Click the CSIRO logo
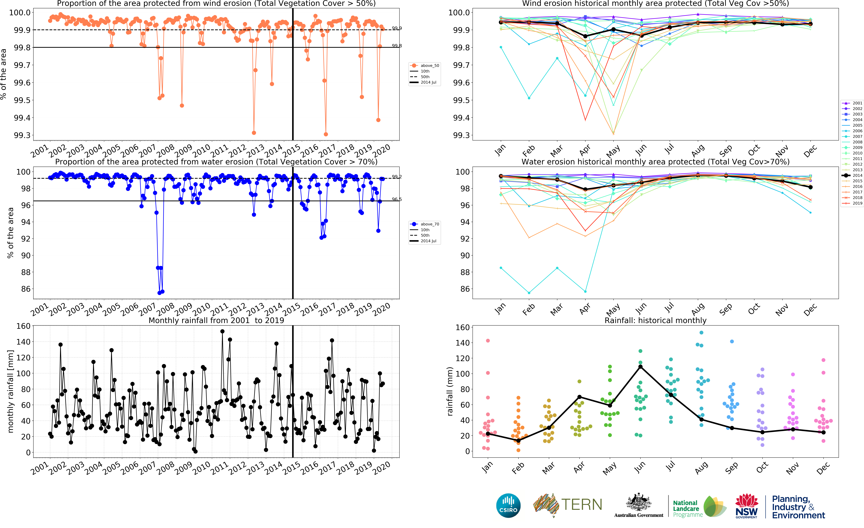click(508, 506)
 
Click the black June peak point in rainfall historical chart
click(640, 367)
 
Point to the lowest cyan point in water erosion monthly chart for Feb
click(529, 293)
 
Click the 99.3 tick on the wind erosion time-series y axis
click(22, 135)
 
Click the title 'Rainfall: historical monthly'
click(655, 320)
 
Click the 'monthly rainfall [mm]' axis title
click(11, 391)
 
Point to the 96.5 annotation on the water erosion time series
click(397, 199)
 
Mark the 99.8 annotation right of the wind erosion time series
click(397, 46)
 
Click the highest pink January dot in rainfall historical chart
click(488, 341)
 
